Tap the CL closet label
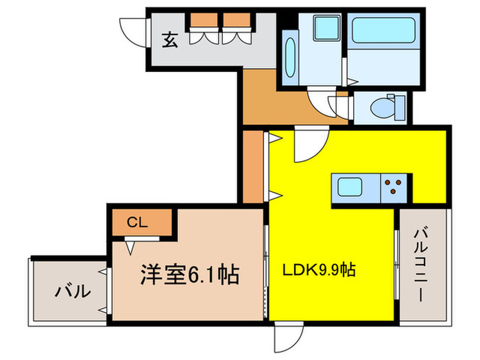point(137,222)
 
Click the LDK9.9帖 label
point(320,269)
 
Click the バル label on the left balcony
point(72,291)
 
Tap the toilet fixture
point(384,107)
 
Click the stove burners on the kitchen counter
point(394,187)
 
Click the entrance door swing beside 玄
point(134,29)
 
